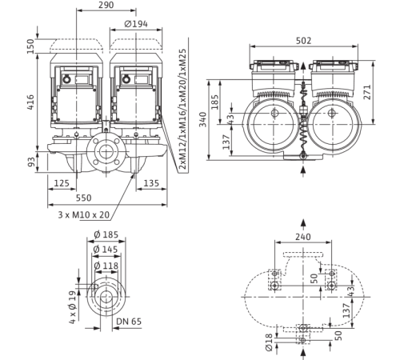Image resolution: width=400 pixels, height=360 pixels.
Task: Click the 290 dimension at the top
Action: (106, 5)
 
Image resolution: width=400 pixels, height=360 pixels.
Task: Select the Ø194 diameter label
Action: (136, 24)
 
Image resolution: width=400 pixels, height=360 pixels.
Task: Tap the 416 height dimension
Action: (31, 102)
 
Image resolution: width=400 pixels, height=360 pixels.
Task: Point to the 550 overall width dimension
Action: (84, 198)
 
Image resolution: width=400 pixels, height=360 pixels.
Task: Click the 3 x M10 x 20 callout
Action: (84, 214)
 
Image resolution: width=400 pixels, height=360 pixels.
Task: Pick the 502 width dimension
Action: (303, 41)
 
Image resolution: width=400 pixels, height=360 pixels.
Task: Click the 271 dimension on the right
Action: (367, 92)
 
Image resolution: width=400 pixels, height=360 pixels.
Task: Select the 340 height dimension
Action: (203, 119)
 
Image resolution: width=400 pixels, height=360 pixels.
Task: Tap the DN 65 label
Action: (129, 322)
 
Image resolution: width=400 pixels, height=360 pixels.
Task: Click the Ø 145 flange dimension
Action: (106, 250)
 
